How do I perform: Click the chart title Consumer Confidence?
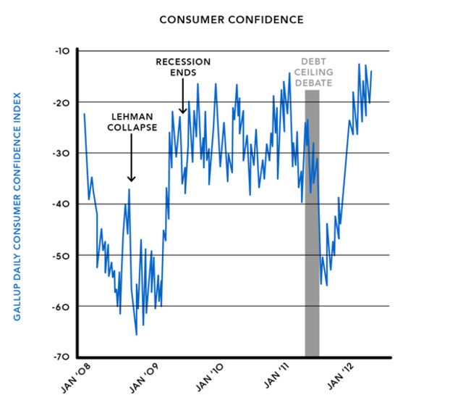[x=231, y=19]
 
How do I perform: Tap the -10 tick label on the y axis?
[x=61, y=51]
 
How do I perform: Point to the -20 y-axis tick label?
[x=60, y=102]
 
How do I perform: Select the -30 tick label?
[x=60, y=153]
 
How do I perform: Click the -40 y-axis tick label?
[x=60, y=204]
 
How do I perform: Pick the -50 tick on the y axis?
[x=60, y=255]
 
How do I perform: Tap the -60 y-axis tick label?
[x=60, y=307]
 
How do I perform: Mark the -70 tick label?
[x=60, y=357]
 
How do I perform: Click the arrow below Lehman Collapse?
[x=131, y=160]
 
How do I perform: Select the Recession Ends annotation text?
[x=184, y=67]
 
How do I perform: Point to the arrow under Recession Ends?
[x=184, y=96]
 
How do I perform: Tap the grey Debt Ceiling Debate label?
[x=313, y=72]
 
